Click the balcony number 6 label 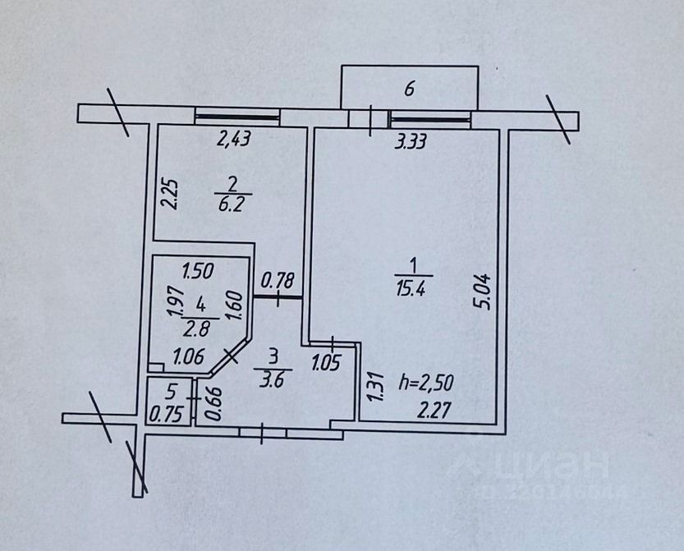pyautogui.click(x=410, y=88)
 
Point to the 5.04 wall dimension pyautogui.click(x=484, y=291)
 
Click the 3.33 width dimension pyautogui.click(x=411, y=142)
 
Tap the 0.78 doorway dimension pyautogui.click(x=278, y=281)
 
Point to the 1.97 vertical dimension pyautogui.click(x=174, y=301)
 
